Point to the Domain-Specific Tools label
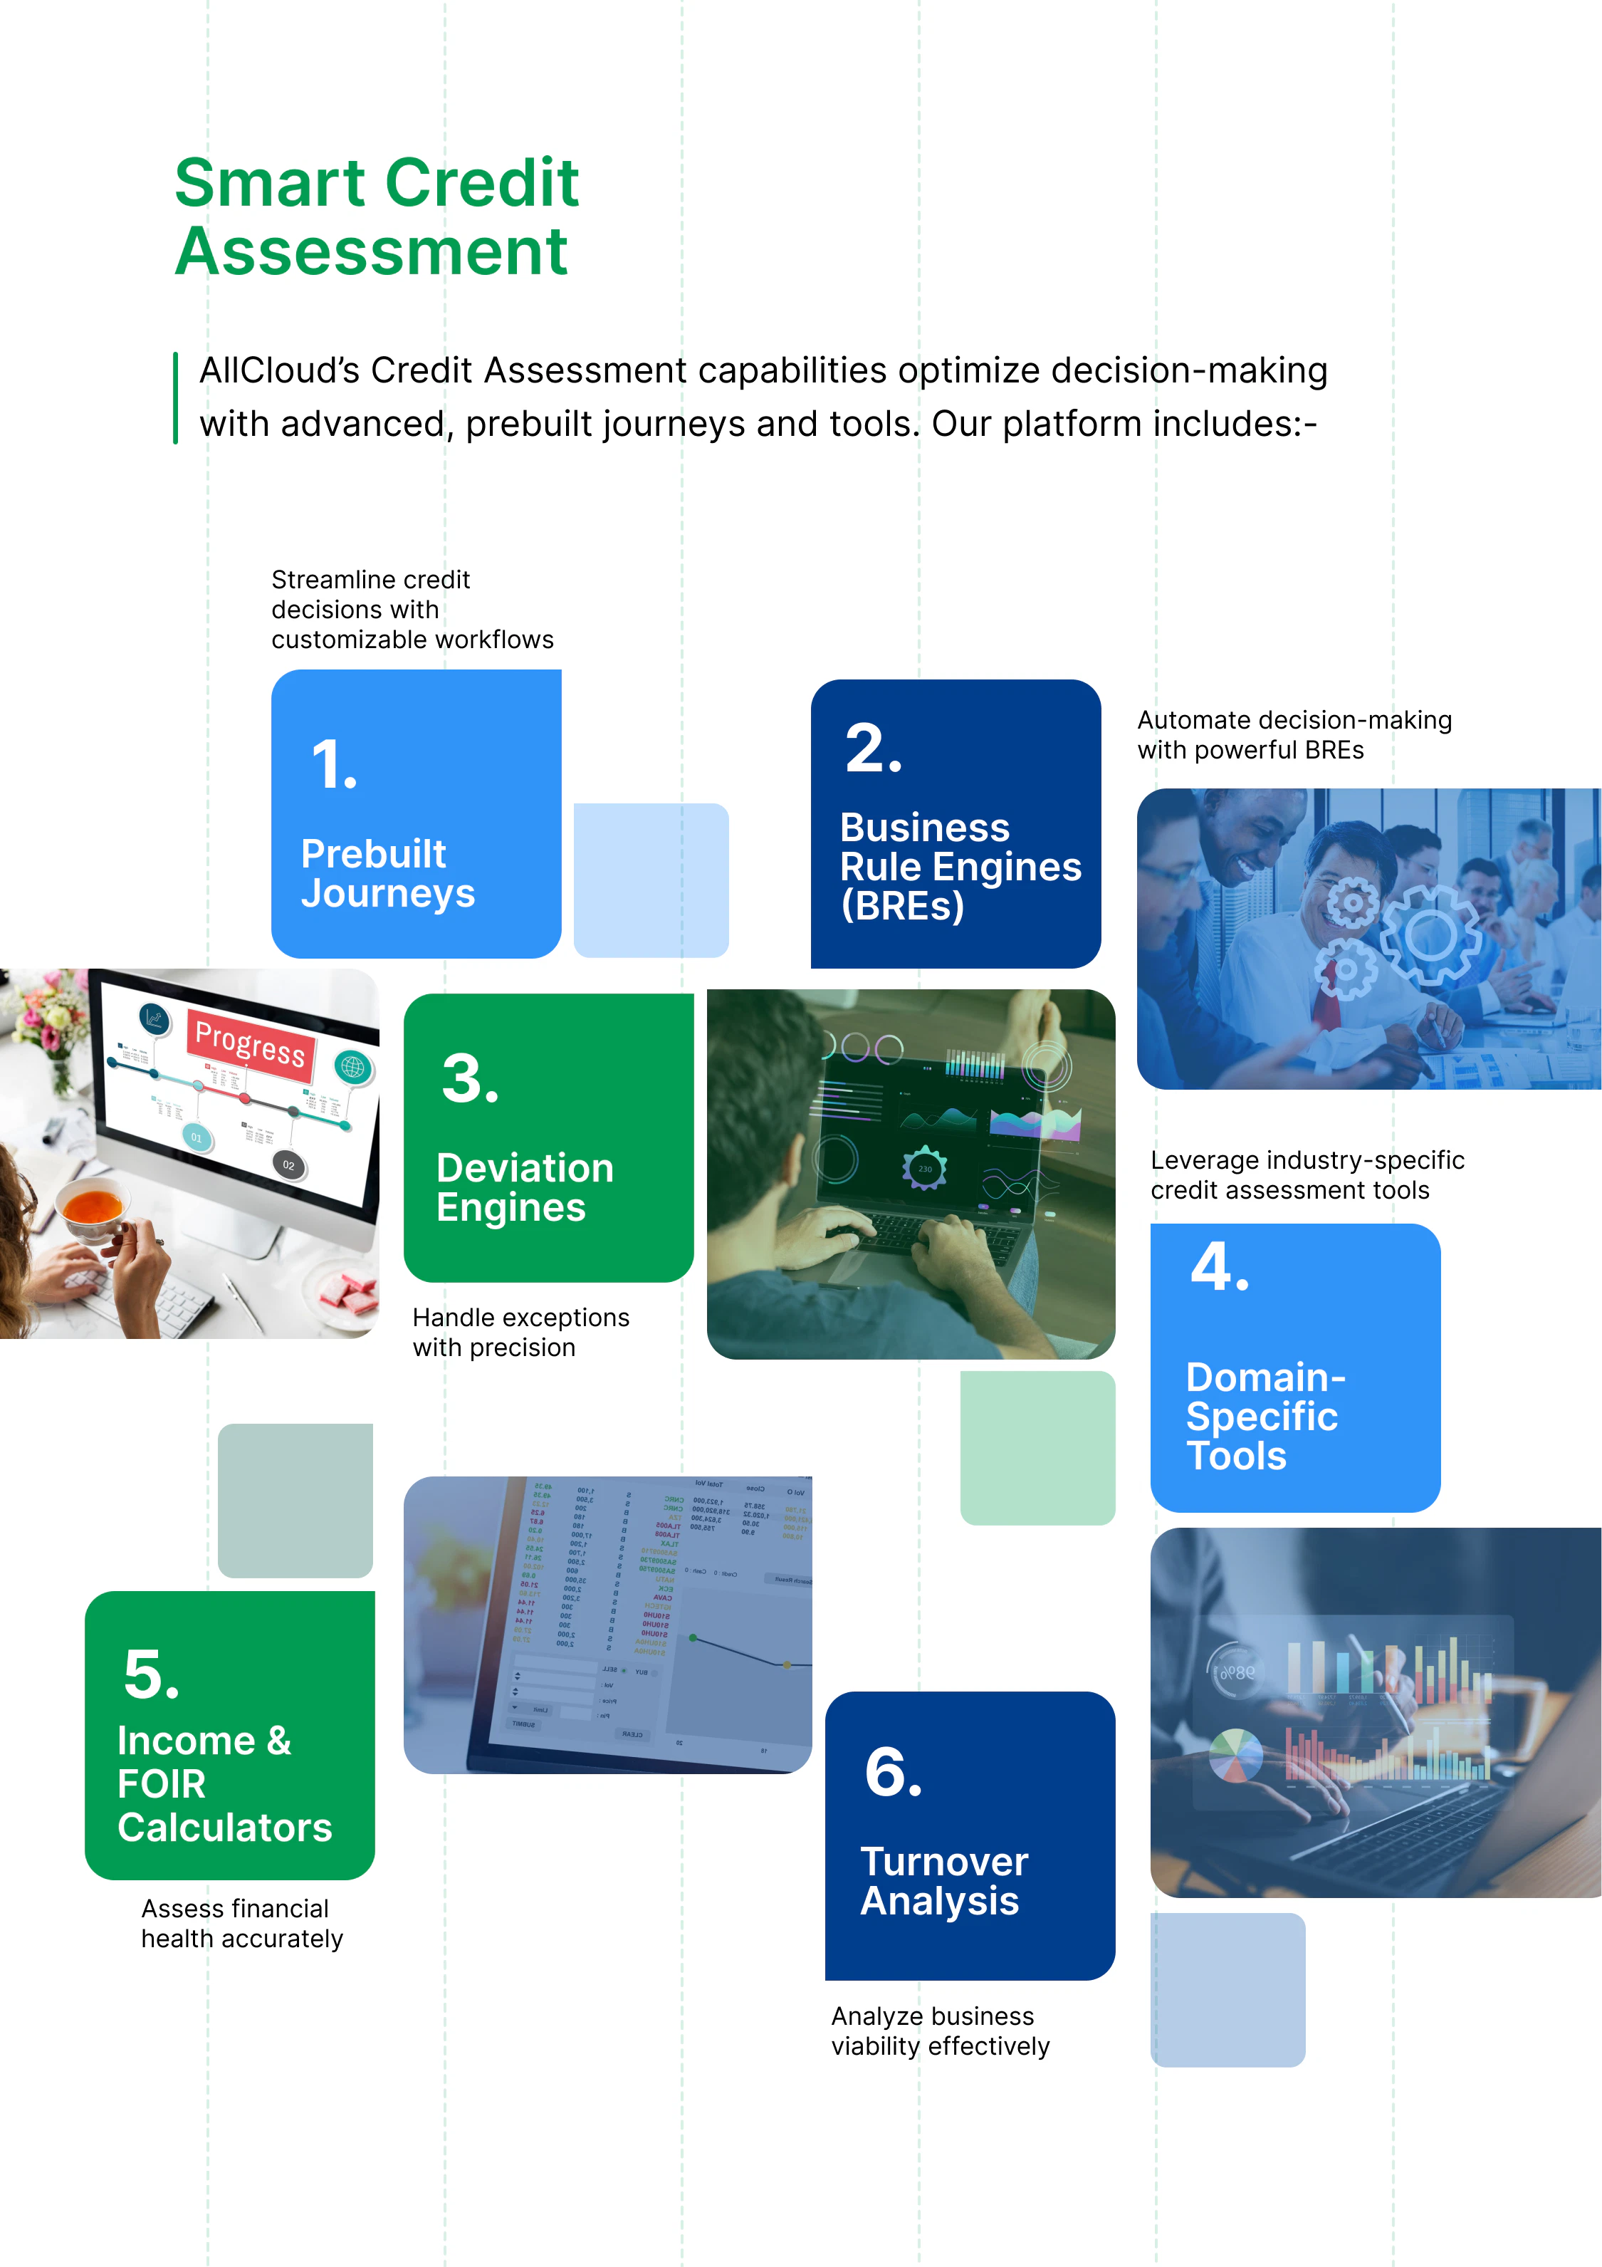(x=1265, y=1416)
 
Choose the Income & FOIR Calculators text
(x=224, y=1783)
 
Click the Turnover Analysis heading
(x=943, y=1880)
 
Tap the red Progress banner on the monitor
(x=251, y=1043)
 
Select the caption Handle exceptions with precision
(x=520, y=1332)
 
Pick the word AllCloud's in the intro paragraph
(x=278, y=371)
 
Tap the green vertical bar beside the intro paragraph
(x=176, y=398)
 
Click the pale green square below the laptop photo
(x=1037, y=1447)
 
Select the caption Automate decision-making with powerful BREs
(x=1293, y=734)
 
